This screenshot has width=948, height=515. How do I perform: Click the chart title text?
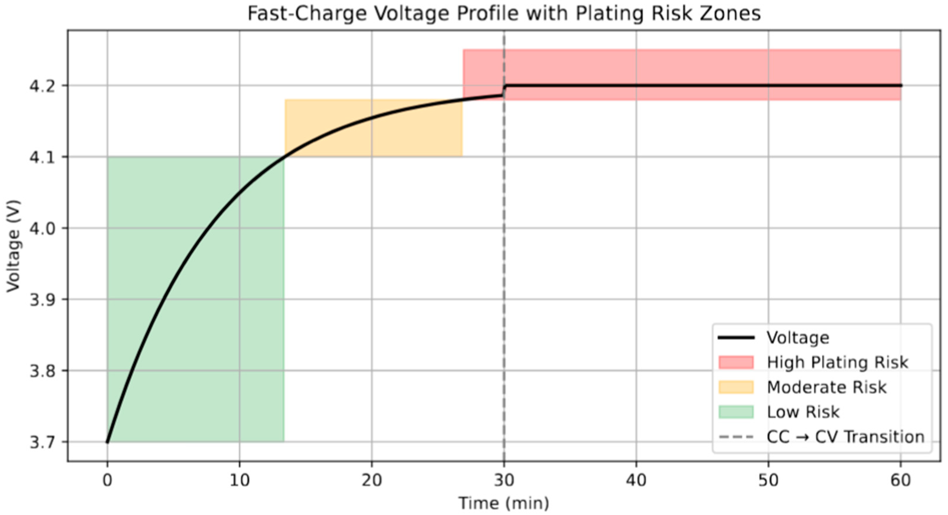click(x=504, y=14)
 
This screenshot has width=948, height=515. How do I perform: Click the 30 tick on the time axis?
click(x=504, y=481)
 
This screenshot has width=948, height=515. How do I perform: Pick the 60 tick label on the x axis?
click(x=901, y=481)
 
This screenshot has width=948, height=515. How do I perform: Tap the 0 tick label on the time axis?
click(x=107, y=481)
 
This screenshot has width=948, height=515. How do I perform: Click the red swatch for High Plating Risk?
click(x=736, y=362)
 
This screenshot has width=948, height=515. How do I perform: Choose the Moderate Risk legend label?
click(x=827, y=387)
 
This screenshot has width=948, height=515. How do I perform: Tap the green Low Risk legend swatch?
click(x=736, y=412)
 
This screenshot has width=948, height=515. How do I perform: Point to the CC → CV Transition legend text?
click(x=845, y=437)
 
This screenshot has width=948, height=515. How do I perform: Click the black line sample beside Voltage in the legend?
click(x=736, y=338)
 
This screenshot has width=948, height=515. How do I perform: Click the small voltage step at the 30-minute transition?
click(x=505, y=91)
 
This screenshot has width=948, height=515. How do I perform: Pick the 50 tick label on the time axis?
click(x=768, y=481)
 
